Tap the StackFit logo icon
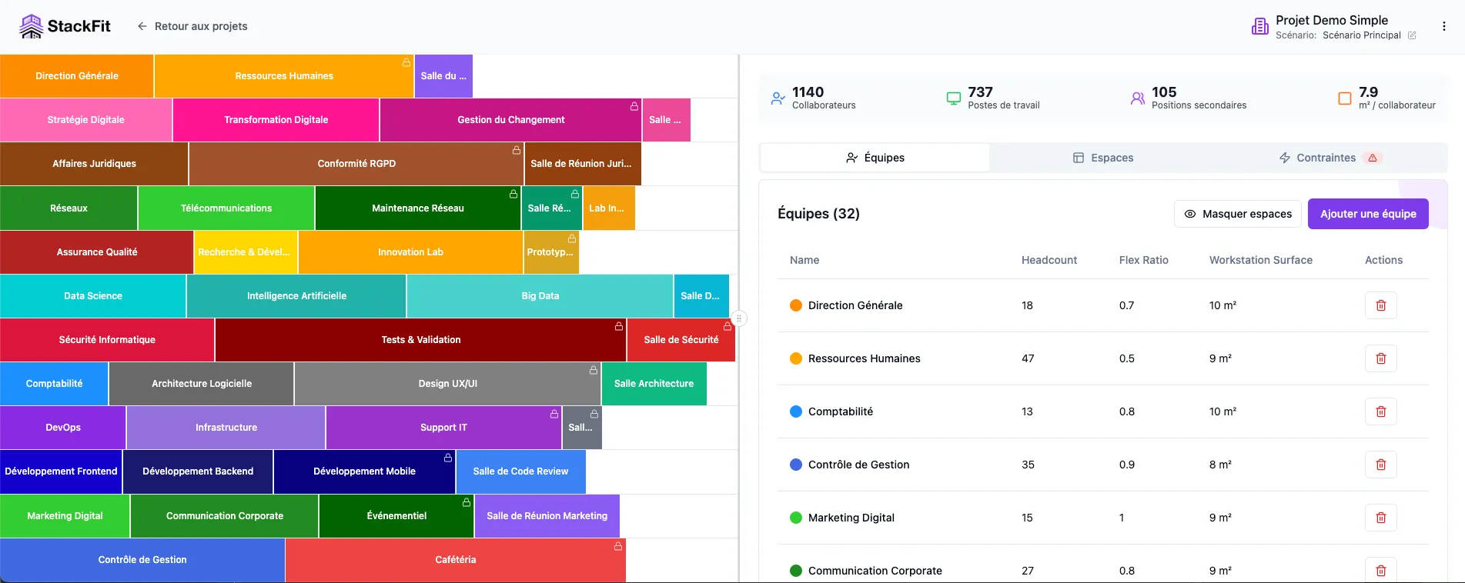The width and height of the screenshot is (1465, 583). coord(32,26)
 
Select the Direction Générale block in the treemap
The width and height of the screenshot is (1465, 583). coord(77,76)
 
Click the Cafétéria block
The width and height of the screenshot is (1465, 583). coord(455,560)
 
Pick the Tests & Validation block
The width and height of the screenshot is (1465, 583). coord(420,340)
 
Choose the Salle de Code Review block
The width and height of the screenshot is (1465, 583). coord(520,471)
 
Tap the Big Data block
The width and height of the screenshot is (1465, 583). coord(540,296)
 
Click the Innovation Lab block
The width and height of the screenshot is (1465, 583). coord(410,252)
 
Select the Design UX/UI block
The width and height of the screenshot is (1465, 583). coord(447,384)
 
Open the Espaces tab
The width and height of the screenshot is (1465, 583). coord(1103,158)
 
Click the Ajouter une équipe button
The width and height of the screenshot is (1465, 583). coord(1368,214)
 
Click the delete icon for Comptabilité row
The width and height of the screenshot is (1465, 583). coord(1380,411)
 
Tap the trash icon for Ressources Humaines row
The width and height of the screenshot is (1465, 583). coord(1380,358)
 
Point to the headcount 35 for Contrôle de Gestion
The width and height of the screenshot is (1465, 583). coord(1028,465)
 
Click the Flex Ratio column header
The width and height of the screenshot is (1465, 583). coord(1143,260)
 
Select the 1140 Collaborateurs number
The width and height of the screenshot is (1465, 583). coord(808,92)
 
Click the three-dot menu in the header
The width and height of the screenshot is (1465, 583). coord(1443,26)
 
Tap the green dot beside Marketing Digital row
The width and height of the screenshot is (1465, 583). coord(796,518)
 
